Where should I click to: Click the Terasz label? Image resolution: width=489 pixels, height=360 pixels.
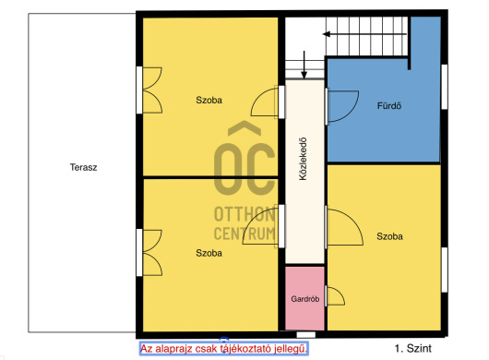(83, 167)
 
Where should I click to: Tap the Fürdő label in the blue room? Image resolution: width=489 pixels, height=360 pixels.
(389, 106)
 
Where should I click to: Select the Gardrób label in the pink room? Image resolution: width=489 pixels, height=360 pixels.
(305, 299)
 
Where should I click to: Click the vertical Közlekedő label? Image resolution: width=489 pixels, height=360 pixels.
(304, 159)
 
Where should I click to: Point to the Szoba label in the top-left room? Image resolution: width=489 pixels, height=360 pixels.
(209, 100)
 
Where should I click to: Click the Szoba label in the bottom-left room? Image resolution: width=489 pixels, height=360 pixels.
(209, 253)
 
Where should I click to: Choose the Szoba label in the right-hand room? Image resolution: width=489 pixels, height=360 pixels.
(389, 236)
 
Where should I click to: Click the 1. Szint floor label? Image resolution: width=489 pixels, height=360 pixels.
(413, 348)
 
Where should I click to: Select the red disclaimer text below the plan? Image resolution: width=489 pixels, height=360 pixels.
(224, 348)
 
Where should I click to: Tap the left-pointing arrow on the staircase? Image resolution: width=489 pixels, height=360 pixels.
(364, 34)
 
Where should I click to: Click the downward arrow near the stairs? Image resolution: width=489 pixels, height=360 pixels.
(304, 65)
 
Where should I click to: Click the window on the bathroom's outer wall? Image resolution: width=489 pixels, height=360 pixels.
(445, 87)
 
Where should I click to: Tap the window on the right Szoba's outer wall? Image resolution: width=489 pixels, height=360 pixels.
(445, 270)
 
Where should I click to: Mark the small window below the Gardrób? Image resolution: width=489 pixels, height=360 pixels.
(306, 335)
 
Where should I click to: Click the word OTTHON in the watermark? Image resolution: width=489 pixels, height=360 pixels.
(244, 214)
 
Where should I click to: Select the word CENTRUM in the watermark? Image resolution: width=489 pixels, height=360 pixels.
(244, 234)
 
